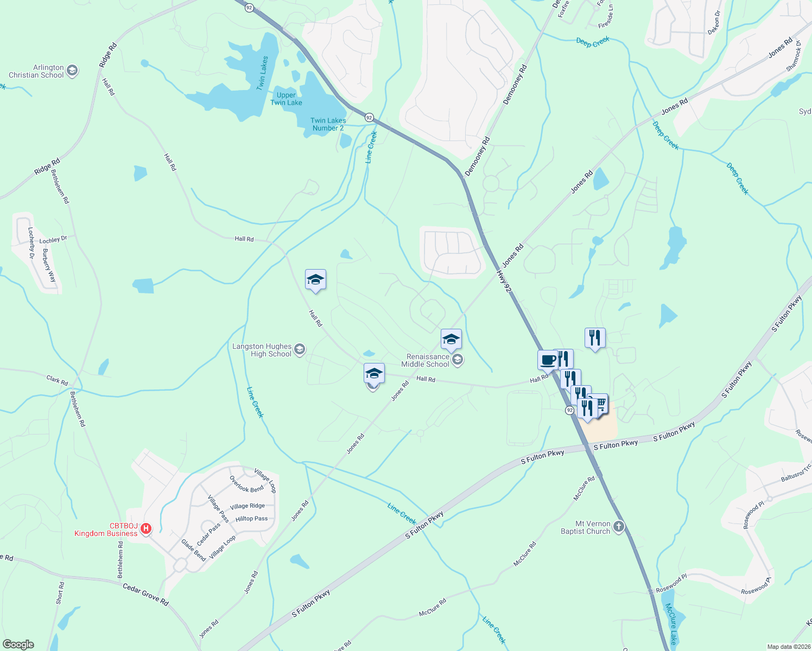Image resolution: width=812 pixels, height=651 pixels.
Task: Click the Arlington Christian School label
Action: pos(36,71)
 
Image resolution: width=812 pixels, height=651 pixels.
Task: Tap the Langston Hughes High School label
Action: pos(262,350)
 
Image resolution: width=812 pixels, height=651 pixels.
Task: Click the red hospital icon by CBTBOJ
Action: pos(145,528)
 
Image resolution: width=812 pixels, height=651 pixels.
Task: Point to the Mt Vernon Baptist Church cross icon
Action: pos(618,526)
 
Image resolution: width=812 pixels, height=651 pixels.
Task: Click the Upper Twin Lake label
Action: pos(286,99)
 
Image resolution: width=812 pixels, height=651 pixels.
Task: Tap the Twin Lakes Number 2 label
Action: pos(328,124)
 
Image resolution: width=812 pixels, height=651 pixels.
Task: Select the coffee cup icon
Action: pos(548,360)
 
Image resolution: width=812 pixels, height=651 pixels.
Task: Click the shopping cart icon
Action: pos(600,403)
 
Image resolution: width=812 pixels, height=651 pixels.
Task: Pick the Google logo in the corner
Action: pos(18,644)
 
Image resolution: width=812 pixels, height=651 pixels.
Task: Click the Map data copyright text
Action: pos(788,647)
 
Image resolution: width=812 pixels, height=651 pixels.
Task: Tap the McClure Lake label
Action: pos(671,623)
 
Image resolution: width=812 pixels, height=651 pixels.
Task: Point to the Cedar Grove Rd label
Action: pos(145,595)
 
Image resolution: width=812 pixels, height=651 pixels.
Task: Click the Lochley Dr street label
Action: pos(53,239)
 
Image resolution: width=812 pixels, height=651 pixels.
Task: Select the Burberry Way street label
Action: pos(49,265)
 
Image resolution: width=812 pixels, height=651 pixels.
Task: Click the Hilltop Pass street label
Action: pos(251,519)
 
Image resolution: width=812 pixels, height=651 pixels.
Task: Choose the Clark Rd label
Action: pos(57,380)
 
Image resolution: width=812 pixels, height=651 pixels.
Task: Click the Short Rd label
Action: pos(60,593)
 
